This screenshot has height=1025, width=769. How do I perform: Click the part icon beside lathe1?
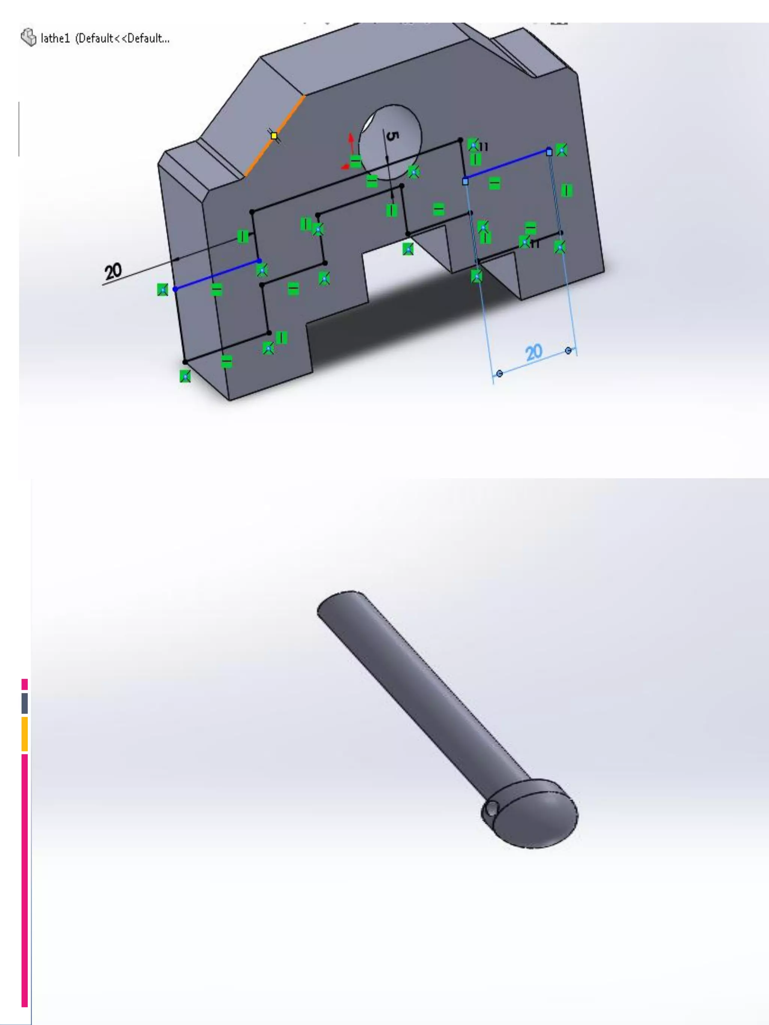tap(28, 38)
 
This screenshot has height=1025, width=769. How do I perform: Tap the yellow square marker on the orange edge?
tap(274, 136)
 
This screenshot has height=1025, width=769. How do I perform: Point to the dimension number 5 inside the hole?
tap(392, 136)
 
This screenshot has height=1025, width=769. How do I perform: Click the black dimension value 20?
tap(113, 271)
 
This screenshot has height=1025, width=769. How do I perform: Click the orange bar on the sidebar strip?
tap(24, 733)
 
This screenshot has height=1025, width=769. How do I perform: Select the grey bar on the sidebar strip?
tap(24, 703)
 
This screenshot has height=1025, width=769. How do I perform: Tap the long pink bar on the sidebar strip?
tap(24, 881)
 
